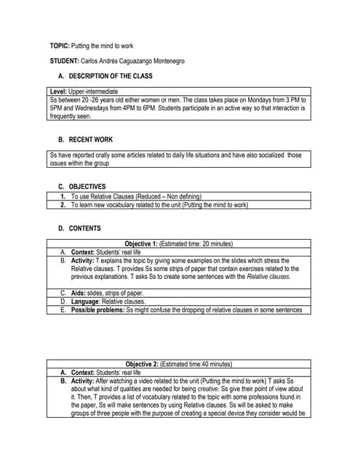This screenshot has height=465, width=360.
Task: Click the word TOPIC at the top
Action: pos(59,46)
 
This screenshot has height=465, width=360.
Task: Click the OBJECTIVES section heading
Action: pos(87,186)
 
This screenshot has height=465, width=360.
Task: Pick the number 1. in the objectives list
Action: pos(64,196)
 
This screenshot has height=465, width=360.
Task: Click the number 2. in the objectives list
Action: pos(64,205)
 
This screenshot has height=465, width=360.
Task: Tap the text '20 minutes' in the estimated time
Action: pos(215,243)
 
